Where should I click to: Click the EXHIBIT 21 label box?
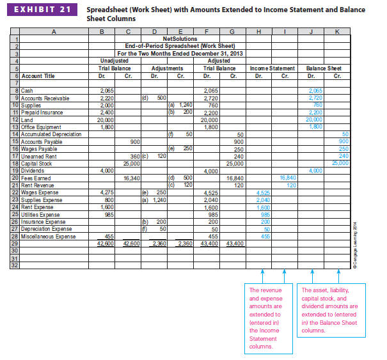[x=42, y=11]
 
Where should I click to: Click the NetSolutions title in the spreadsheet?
[x=180, y=39]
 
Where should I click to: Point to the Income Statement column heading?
[x=272, y=68]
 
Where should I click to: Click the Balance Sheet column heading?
[x=324, y=68]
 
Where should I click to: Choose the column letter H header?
[x=259, y=31]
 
